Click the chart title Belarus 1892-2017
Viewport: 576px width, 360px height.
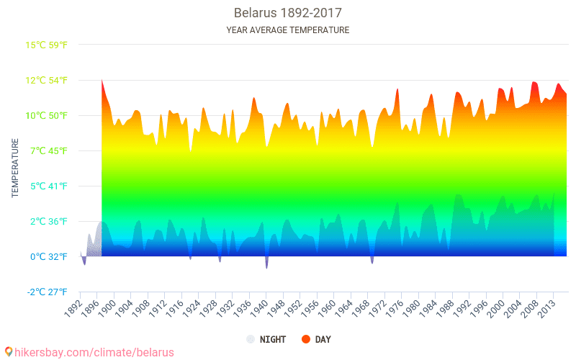pyautogui.click(x=287, y=13)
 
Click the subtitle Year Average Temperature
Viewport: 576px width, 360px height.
pyautogui.click(x=287, y=30)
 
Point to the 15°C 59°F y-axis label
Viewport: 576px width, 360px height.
pyautogui.click(x=47, y=45)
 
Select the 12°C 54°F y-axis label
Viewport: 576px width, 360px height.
pyautogui.click(x=47, y=80)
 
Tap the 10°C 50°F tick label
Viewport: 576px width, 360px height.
pyautogui.click(x=47, y=115)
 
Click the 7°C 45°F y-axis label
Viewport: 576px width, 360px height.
pyautogui.click(x=47, y=150)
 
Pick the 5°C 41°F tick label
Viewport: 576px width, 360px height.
pyautogui.click(x=47, y=186)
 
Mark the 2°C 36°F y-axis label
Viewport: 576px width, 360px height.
pyautogui.click(x=47, y=221)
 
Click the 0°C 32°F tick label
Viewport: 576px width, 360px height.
pyautogui.click(x=47, y=256)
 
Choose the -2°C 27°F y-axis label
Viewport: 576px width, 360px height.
pyautogui.click(x=47, y=292)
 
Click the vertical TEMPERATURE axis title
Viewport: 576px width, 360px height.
pyautogui.click(x=15, y=168)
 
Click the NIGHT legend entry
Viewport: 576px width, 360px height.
pyautogui.click(x=266, y=339)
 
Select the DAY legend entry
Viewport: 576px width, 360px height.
pyautogui.click(x=316, y=339)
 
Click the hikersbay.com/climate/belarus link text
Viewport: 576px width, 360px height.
pyautogui.click(x=90, y=352)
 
